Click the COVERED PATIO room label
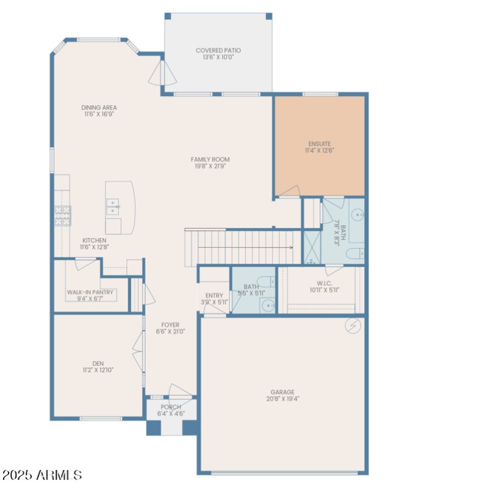pyautogui.click(x=218, y=51)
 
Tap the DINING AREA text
pyautogui.click(x=99, y=107)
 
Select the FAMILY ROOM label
pyautogui.click(x=210, y=160)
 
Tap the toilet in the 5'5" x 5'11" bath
pyautogui.click(x=266, y=283)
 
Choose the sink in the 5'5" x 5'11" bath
pyautogui.click(x=268, y=305)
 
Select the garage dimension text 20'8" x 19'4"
pyautogui.click(x=282, y=398)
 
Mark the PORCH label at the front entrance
pyautogui.click(x=171, y=407)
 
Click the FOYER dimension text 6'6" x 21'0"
pyautogui.click(x=170, y=331)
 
